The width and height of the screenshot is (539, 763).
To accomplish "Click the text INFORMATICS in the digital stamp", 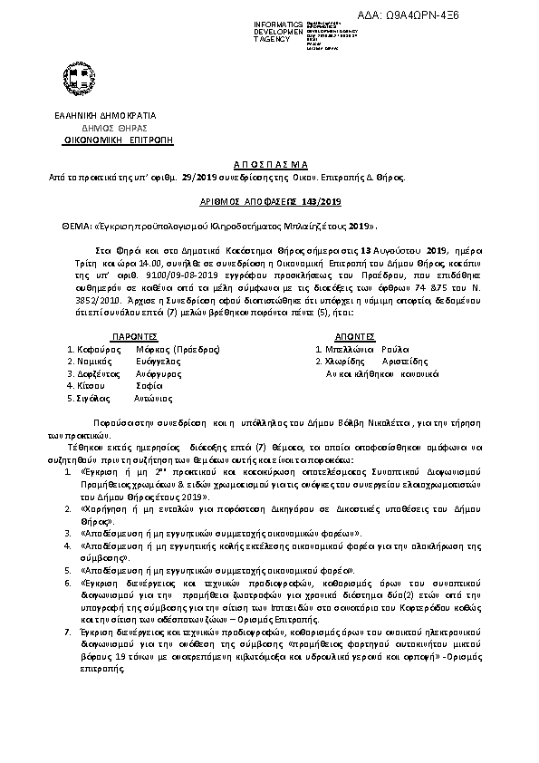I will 278,22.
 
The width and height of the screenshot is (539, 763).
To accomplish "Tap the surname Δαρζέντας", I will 94,372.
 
